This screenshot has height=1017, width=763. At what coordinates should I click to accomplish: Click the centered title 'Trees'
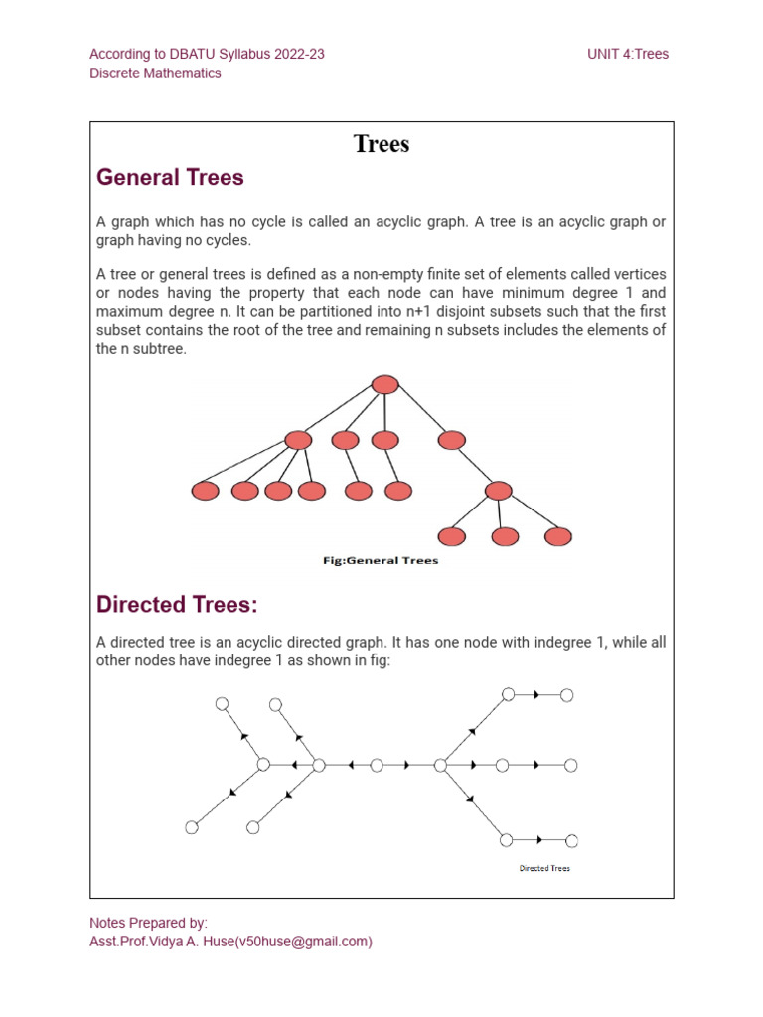381,145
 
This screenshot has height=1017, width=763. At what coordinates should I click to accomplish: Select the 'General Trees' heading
170,178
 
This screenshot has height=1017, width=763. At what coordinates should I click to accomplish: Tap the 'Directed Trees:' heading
177,604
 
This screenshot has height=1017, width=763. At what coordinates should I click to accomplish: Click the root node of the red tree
384,385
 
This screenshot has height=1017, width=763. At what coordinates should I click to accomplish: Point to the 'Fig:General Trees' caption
381,560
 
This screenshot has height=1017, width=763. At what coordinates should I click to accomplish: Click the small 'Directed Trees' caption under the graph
544,868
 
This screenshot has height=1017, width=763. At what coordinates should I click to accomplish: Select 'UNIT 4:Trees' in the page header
628,54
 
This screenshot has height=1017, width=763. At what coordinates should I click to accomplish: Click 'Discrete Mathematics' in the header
155,73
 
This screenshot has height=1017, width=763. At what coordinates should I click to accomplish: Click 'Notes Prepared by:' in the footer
148,923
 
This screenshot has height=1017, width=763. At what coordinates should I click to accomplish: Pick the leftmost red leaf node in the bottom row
206,491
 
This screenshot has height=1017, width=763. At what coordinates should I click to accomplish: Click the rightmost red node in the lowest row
558,536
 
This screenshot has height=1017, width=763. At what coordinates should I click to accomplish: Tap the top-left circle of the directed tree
223,703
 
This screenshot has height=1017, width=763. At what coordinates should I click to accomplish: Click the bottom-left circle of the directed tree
193,827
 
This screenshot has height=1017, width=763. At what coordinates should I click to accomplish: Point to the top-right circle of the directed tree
567,695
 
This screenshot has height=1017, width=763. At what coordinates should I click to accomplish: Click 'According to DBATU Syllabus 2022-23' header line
207,54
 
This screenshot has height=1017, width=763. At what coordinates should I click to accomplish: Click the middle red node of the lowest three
506,536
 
